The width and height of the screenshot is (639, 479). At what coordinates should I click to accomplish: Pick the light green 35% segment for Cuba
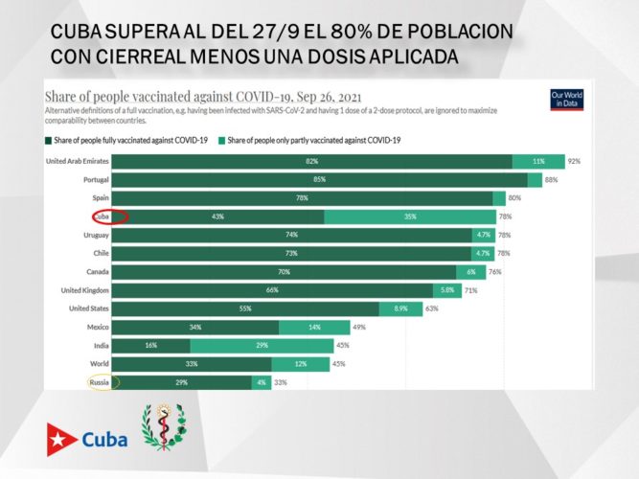(409, 217)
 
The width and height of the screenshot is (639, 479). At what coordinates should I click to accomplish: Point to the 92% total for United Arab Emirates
(574, 161)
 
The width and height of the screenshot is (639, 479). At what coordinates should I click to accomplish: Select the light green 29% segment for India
(261, 345)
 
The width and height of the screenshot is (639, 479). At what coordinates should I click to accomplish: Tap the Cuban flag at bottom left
(62, 440)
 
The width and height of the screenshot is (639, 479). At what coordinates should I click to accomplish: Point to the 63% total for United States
(431, 308)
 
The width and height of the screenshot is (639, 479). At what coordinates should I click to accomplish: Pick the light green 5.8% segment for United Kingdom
(447, 290)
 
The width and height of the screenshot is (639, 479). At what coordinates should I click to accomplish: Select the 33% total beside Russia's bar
(281, 382)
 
